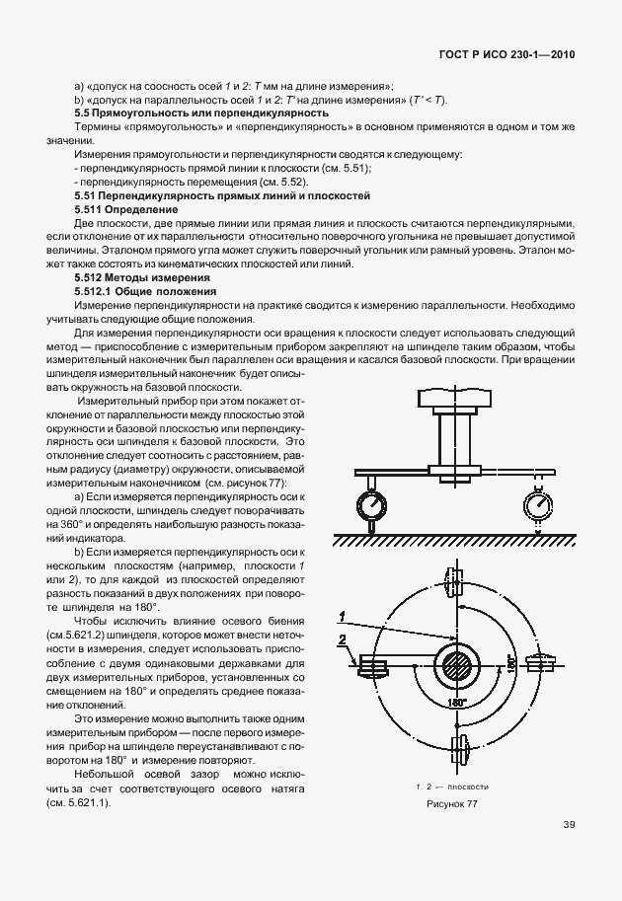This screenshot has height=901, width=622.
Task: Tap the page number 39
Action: [569, 825]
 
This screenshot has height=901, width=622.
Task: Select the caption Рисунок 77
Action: [451, 804]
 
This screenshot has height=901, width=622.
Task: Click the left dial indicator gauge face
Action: [372, 503]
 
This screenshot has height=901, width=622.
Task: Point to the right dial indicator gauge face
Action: [540, 504]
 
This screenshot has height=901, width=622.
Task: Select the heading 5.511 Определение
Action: [125, 210]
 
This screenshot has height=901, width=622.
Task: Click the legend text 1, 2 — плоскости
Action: [450, 787]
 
